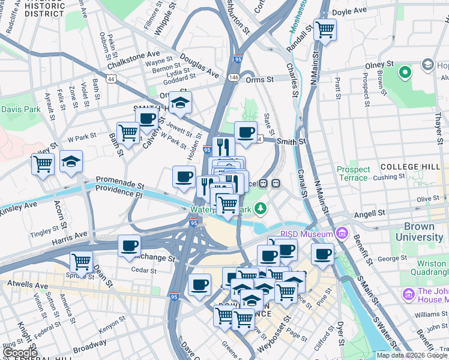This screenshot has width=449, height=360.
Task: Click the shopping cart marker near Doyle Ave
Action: tap(325, 29)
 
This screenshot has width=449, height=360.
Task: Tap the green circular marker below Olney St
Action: tap(405, 73)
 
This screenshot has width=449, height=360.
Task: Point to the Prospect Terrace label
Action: tap(352, 173)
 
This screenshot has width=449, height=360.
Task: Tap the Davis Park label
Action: tap(20, 109)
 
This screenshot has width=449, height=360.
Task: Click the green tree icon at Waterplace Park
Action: tap(260, 208)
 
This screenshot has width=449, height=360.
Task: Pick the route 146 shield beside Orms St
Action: tap(234, 77)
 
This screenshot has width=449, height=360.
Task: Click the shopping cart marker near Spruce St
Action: tap(81, 262)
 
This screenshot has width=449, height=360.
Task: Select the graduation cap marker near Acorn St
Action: tap(71, 161)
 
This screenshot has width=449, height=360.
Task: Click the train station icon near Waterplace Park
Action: tap(277, 184)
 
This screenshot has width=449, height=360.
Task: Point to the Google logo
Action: tap(20, 353)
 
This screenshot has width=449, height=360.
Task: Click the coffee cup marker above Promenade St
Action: tap(184, 176)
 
